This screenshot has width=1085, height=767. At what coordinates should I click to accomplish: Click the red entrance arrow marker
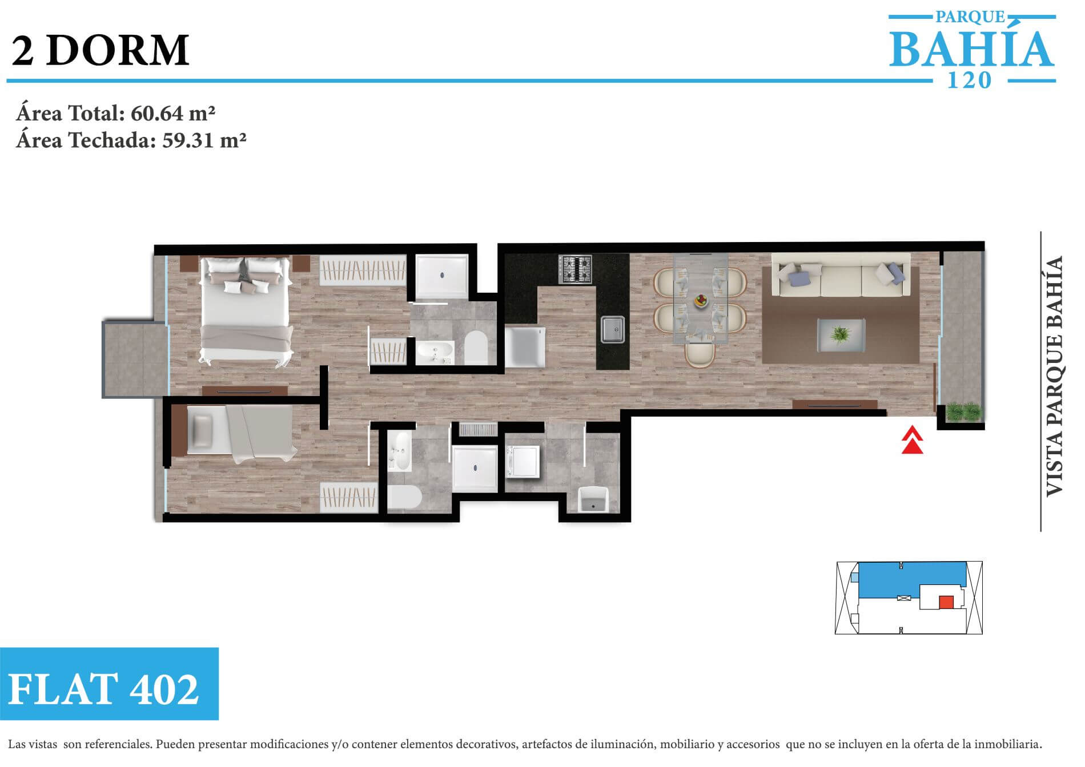pos(913,441)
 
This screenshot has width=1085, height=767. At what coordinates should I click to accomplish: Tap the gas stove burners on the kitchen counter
pos(575,269)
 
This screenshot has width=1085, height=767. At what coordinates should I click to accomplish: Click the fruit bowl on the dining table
pos(701,300)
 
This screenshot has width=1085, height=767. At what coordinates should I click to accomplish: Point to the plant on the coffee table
pos(840,334)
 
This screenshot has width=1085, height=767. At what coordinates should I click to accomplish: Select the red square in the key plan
pos(946,602)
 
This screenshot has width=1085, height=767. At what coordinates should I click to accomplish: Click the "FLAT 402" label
pos(103,689)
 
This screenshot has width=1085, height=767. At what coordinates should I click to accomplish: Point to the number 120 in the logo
pos(969,80)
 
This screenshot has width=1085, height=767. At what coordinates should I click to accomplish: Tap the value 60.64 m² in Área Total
pos(173,113)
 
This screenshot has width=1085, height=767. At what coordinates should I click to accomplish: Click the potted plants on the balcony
pos(963,412)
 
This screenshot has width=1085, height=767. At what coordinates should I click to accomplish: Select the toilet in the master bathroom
pos(476,348)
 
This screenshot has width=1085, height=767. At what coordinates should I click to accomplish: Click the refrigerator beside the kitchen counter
pos(525,346)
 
